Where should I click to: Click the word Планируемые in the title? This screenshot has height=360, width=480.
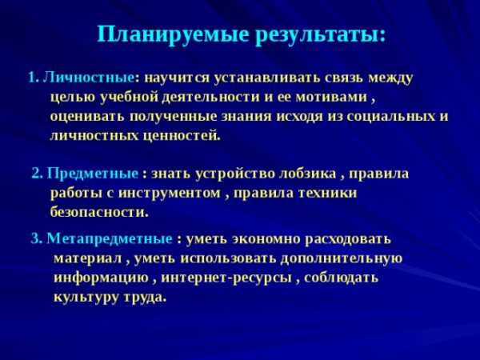(x=173, y=35)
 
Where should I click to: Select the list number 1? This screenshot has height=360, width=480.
(x=33, y=78)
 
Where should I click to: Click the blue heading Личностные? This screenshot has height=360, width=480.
(x=89, y=78)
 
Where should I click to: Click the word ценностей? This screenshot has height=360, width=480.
(x=180, y=136)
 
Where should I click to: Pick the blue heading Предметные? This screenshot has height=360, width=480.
(x=93, y=174)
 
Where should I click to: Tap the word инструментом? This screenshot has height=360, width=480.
(x=170, y=193)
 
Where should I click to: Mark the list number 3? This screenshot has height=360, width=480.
(x=36, y=238)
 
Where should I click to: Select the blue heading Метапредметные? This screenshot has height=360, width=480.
(x=110, y=238)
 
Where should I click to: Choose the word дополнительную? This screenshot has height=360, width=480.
(x=342, y=258)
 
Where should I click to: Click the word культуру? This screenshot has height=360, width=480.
(x=86, y=298)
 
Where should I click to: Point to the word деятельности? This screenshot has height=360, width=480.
(x=211, y=98)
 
